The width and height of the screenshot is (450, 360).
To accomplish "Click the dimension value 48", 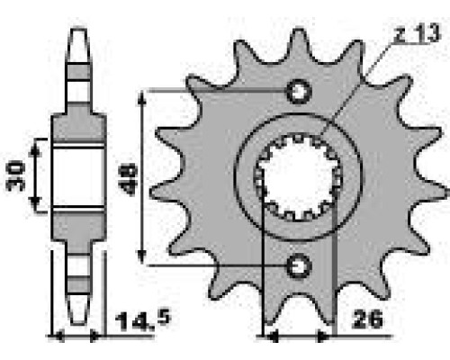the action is [x=129, y=179].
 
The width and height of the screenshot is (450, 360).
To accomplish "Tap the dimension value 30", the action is [x=15, y=176].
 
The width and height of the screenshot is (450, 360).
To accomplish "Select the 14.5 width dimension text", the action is [x=143, y=321].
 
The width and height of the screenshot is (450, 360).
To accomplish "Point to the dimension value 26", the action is [x=368, y=319].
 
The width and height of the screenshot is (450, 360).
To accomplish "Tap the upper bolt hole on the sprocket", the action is [x=299, y=91].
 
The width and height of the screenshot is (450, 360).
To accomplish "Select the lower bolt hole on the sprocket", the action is [x=299, y=265].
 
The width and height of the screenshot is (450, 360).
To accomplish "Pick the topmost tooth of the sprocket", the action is [x=299, y=42].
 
